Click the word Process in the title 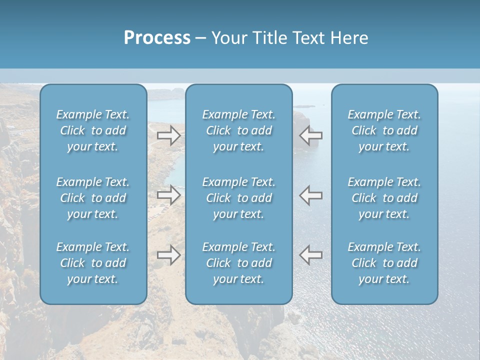pyautogui.click(x=157, y=38)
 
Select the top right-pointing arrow pyautogui.click(x=168, y=135)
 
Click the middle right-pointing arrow pyautogui.click(x=168, y=195)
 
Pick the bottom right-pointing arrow pyautogui.click(x=168, y=255)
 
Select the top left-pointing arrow pyautogui.click(x=311, y=135)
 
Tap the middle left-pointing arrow pyautogui.click(x=311, y=195)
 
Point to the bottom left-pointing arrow pyautogui.click(x=311, y=255)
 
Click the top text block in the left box pyautogui.click(x=93, y=130)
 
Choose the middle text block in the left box pyautogui.click(x=93, y=198)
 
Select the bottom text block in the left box pyautogui.click(x=93, y=263)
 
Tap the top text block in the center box pyautogui.click(x=239, y=130)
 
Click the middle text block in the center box pyautogui.click(x=239, y=198)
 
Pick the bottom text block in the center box pyautogui.click(x=239, y=263)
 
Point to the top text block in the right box pyautogui.click(x=384, y=130)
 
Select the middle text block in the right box pyautogui.click(x=384, y=198)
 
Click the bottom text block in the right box pyautogui.click(x=384, y=263)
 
